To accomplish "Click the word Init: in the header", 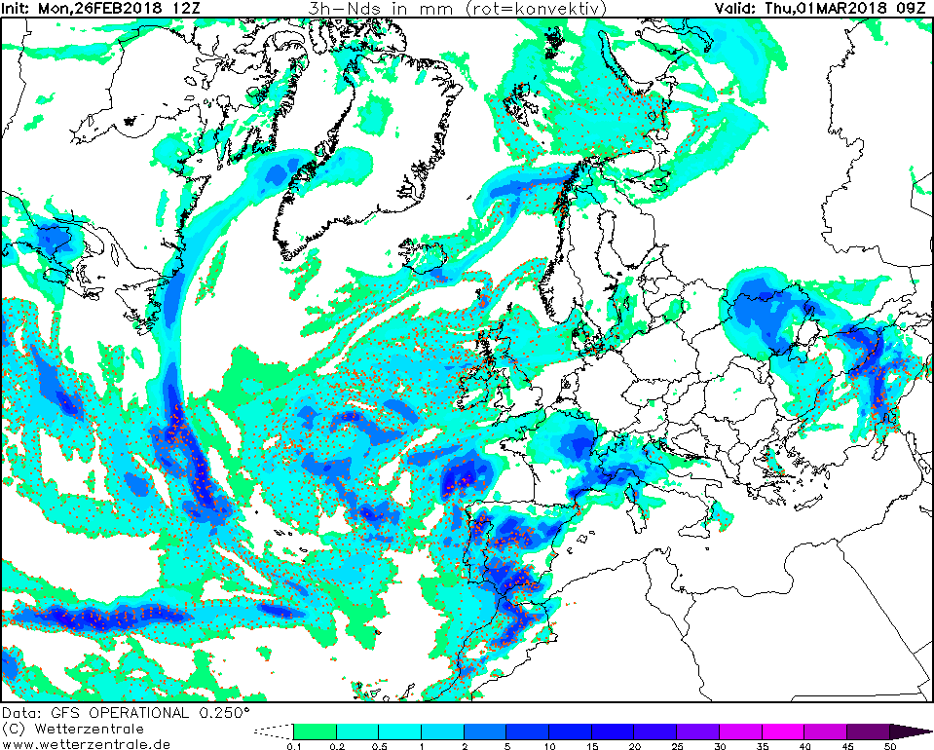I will point(17,9).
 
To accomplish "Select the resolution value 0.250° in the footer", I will point(225,713).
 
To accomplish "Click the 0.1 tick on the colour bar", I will point(293,746).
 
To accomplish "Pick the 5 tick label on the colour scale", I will point(507,746).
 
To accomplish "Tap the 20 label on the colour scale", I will point(635,746).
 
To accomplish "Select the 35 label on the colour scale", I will point(763,746).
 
